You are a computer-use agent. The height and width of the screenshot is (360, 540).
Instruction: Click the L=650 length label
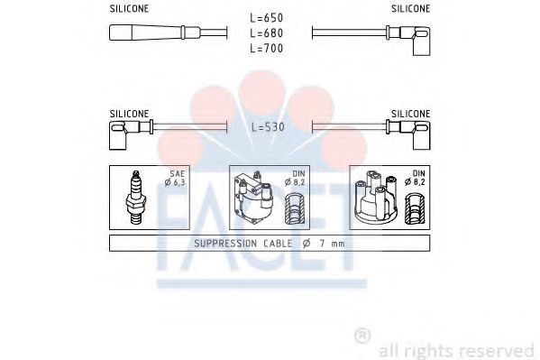[x=267, y=17]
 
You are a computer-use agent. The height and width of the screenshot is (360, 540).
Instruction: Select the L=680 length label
[x=267, y=33]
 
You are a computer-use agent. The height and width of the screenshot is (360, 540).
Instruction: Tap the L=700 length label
[x=267, y=49]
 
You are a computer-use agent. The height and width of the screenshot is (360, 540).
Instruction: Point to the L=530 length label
[x=268, y=127]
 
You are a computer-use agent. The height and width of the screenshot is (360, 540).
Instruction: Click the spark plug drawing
[x=136, y=197]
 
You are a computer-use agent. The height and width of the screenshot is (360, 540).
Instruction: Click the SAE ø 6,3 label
[x=175, y=178]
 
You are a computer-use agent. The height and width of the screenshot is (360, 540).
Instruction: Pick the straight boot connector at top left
[x=155, y=32]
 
